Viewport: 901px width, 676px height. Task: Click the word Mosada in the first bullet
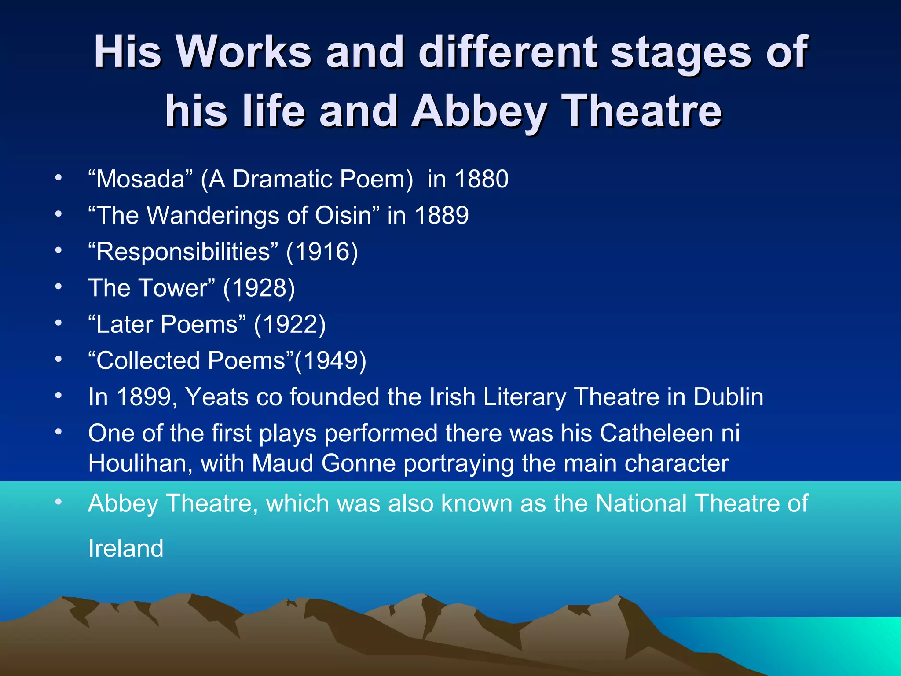141,179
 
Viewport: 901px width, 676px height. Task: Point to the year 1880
481,179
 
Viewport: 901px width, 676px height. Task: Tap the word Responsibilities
183,252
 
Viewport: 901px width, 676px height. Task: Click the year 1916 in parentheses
322,252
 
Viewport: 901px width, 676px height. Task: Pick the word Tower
172,288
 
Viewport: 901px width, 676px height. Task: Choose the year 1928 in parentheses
259,288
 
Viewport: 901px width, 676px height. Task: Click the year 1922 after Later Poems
290,324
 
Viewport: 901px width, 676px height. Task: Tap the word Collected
148,360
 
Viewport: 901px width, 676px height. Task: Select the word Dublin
728,397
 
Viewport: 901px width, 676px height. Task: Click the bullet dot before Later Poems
59,323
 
